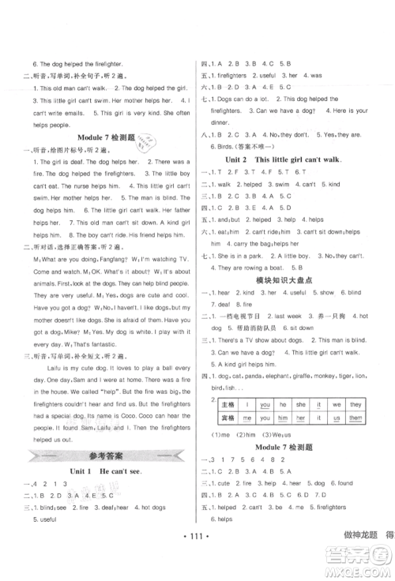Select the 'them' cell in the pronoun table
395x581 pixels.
click(355, 418)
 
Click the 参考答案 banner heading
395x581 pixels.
click(98, 455)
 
